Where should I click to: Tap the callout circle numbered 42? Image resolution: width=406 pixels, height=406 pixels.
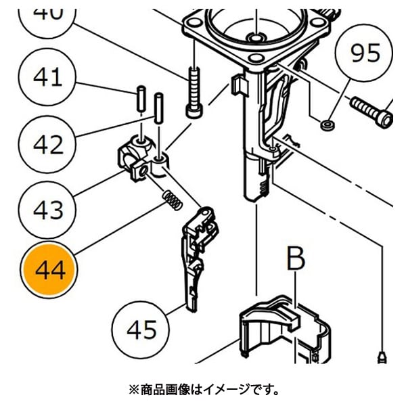point(47,143)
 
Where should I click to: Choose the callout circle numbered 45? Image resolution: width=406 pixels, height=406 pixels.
point(141,330)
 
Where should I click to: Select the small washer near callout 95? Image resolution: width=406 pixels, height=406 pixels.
point(327,124)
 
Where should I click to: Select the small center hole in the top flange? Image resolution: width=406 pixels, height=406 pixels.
point(256,35)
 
